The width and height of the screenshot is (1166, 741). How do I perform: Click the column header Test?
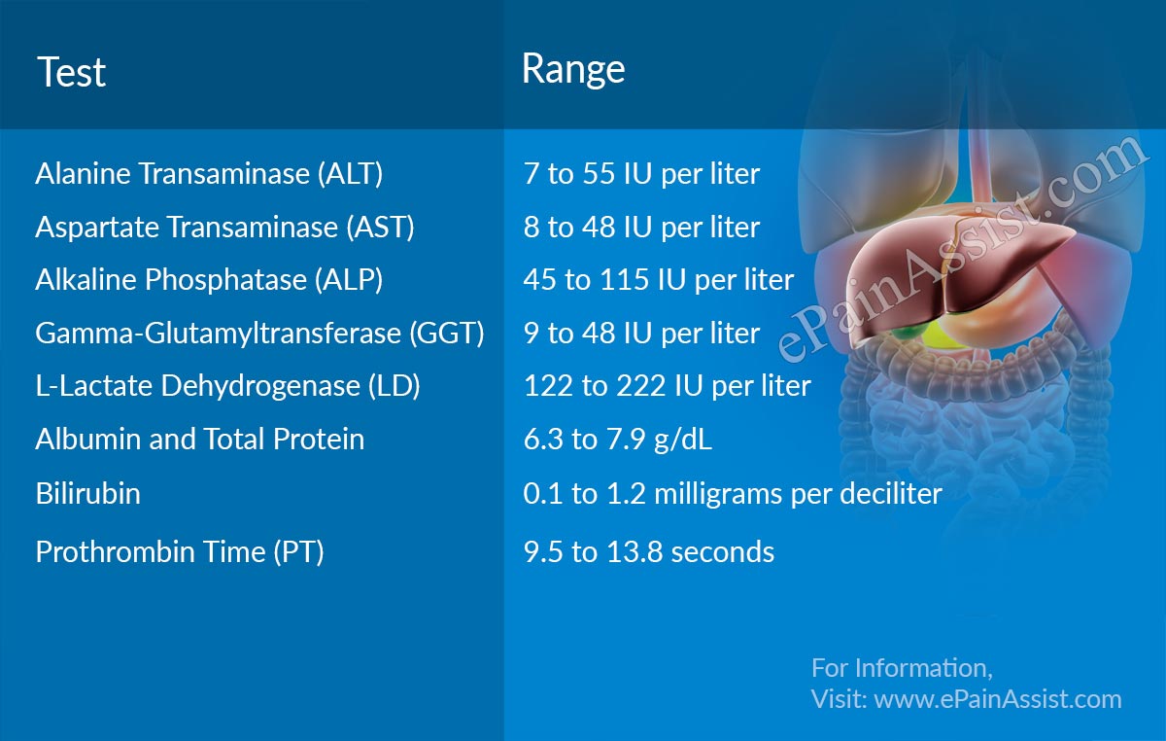click(71, 73)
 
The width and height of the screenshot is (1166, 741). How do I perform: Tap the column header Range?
click(573, 69)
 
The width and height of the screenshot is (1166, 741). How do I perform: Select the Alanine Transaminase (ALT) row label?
click(209, 174)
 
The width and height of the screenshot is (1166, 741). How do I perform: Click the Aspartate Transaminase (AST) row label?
click(224, 228)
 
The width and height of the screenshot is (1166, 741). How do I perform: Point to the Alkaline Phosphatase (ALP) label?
click(209, 280)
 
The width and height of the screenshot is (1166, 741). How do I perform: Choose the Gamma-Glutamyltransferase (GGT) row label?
click(259, 334)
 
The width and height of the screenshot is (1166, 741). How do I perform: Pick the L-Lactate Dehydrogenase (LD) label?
click(227, 386)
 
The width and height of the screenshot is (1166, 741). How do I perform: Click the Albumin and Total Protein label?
click(199, 440)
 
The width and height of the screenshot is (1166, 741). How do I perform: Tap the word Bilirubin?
click(87, 494)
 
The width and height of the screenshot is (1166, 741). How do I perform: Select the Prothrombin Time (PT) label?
click(180, 552)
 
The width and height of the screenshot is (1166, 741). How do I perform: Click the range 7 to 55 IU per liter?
click(641, 174)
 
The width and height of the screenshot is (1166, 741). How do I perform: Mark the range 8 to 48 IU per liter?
click(641, 228)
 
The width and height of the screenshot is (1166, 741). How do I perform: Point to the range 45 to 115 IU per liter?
click(659, 280)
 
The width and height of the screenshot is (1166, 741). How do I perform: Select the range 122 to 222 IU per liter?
click(667, 386)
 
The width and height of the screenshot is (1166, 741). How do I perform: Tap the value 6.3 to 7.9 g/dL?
click(618, 440)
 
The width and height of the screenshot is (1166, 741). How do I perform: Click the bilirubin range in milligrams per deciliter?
click(733, 494)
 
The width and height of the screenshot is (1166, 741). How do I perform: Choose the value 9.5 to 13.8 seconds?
click(649, 552)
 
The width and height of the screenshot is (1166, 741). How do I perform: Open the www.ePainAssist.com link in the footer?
click(998, 699)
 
